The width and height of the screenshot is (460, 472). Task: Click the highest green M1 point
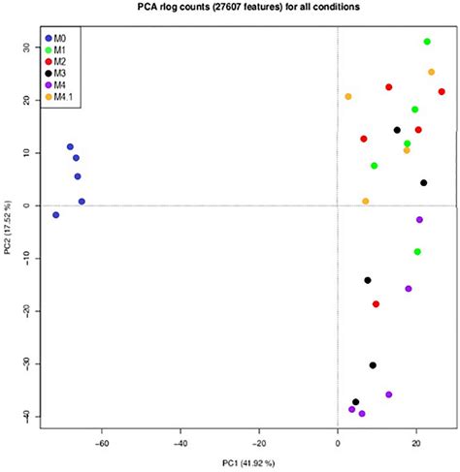(x=427, y=42)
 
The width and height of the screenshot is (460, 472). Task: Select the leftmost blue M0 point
(x=56, y=214)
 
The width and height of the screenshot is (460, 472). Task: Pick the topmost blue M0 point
(x=70, y=147)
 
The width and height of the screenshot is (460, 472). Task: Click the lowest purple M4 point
(x=362, y=414)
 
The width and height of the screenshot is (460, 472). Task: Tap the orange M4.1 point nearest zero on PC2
(x=366, y=202)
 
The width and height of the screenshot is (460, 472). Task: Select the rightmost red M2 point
(x=442, y=92)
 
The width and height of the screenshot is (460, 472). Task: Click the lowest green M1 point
(x=417, y=252)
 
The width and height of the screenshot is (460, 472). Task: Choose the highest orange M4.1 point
(x=432, y=72)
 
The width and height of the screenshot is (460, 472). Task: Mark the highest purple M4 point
(x=419, y=220)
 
